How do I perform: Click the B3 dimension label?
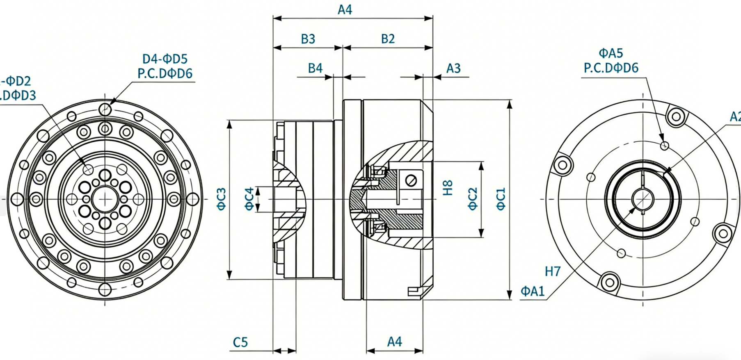point(308,39)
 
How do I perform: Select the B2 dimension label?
point(388,39)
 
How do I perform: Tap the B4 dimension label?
point(315,68)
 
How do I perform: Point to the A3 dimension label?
point(453,68)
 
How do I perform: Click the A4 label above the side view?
point(345,10)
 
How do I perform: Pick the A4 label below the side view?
point(394,342)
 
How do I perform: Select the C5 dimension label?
point(240,342)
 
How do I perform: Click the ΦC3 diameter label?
point(221,199)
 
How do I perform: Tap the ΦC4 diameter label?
point(249,199)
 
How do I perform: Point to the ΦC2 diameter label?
point(473,199)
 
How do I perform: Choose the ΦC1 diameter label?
point(501,199)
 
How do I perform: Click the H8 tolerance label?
point(448,188)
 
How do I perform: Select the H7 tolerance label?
point(553,271)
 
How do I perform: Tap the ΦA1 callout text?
point(533,292)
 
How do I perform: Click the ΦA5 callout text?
point(611,53)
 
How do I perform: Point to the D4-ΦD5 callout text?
point(165,59)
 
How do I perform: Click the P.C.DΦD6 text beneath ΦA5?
point(611,68)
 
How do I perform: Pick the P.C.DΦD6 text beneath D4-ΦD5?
point(165,74)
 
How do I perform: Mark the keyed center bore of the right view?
point(642,199)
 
